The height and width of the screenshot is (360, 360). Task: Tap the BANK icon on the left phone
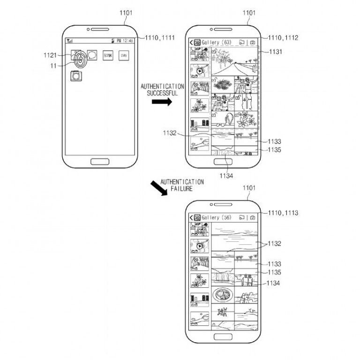tap(108, 55)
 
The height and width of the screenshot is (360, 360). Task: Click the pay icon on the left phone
tap(124, 55)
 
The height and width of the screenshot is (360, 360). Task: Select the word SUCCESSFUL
tap(162, 93)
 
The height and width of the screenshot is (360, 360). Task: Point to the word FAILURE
tap(182, 188)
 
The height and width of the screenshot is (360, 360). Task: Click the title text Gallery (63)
tap(217, 42)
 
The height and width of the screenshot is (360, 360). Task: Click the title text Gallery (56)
tap(217, 217)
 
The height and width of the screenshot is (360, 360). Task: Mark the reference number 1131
tap(277, 52)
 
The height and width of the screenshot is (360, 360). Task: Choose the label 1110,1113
tap(284, 213)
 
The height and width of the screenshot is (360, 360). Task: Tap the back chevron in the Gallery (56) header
tap(191, 217)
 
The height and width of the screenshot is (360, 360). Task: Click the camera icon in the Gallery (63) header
tap(253, 42)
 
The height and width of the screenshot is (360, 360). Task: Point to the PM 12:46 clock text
tap(125, 41)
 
